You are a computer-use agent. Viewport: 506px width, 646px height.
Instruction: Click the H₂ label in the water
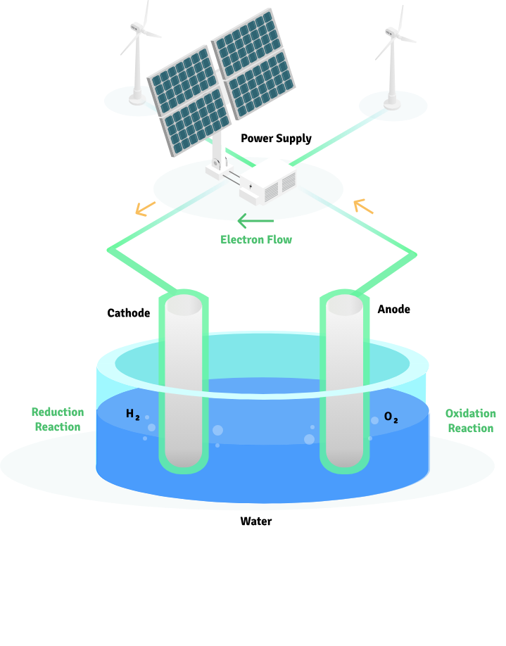tap(132, 414)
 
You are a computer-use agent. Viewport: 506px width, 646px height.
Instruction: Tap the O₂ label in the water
tap(391, 417)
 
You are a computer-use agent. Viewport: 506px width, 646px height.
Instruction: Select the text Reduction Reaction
tap(58, 419)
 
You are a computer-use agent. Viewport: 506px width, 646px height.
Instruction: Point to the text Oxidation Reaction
tap(470, 421)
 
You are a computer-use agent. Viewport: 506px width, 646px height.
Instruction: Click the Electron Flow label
tap(256, 239)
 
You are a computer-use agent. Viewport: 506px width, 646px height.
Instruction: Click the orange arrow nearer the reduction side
tap(146, 208)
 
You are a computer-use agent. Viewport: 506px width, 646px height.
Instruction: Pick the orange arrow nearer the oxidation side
tap(363, 206)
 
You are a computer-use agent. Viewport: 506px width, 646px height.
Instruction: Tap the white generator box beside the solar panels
tap(267, 180)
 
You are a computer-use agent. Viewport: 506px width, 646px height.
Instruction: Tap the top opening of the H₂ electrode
tap(183, 305)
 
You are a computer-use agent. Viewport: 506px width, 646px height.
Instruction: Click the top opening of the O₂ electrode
tap(344, 305)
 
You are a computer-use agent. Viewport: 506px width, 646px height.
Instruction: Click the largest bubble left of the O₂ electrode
tap(309, 439)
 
